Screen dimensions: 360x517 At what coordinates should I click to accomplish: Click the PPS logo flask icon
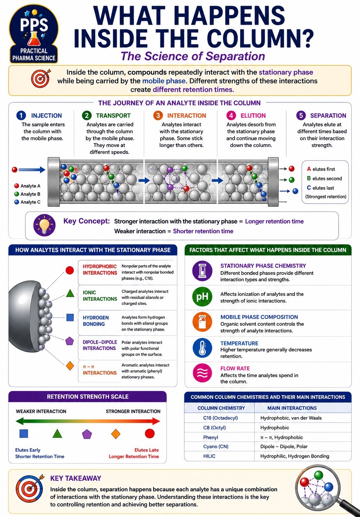[x=34, y=39]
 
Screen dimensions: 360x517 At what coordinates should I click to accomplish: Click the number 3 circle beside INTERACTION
[x=158, y=115]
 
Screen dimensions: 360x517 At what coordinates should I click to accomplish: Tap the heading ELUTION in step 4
[x=253, y=116]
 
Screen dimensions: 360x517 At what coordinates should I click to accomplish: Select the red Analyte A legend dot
[x=17, y=186]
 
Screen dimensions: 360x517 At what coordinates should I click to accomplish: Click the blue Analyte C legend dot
[x=17, y=202]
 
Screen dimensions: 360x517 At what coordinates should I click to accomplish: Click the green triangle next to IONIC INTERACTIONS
[x=70, y=293]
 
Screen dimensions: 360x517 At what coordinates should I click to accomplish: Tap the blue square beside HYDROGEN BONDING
[x=70, y=317]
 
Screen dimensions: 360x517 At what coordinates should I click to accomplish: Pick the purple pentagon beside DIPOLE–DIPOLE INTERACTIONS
[x=70, y=341]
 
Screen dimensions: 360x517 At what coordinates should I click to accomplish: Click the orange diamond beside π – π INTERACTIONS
[x=70, y=366]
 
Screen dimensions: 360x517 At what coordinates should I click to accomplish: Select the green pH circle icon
[x=202, y=296]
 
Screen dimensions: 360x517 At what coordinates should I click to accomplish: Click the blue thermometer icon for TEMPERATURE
[x=202, y=348]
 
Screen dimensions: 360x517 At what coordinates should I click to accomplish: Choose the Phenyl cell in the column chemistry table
[x=211, y=438]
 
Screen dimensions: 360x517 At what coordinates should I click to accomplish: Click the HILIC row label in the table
[x=209, y=456]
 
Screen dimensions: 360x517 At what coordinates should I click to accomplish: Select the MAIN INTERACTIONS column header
[x=292, y=408]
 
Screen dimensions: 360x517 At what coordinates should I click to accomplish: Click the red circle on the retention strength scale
[x=149, y=433]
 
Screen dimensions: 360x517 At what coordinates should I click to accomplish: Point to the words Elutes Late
[x=147, y=450]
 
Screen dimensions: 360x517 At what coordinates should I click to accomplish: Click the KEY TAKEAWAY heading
[x=76, y=478]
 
